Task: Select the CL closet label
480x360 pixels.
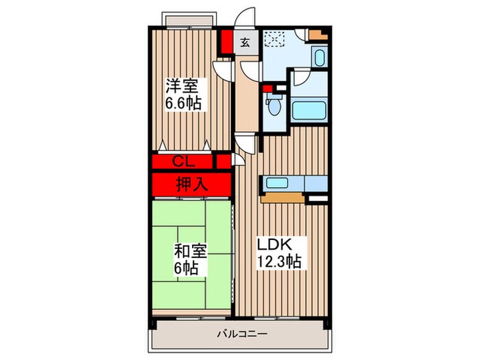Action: point(182,162)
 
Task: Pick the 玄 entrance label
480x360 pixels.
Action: point(245,42)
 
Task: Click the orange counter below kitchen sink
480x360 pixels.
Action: point(282,198)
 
